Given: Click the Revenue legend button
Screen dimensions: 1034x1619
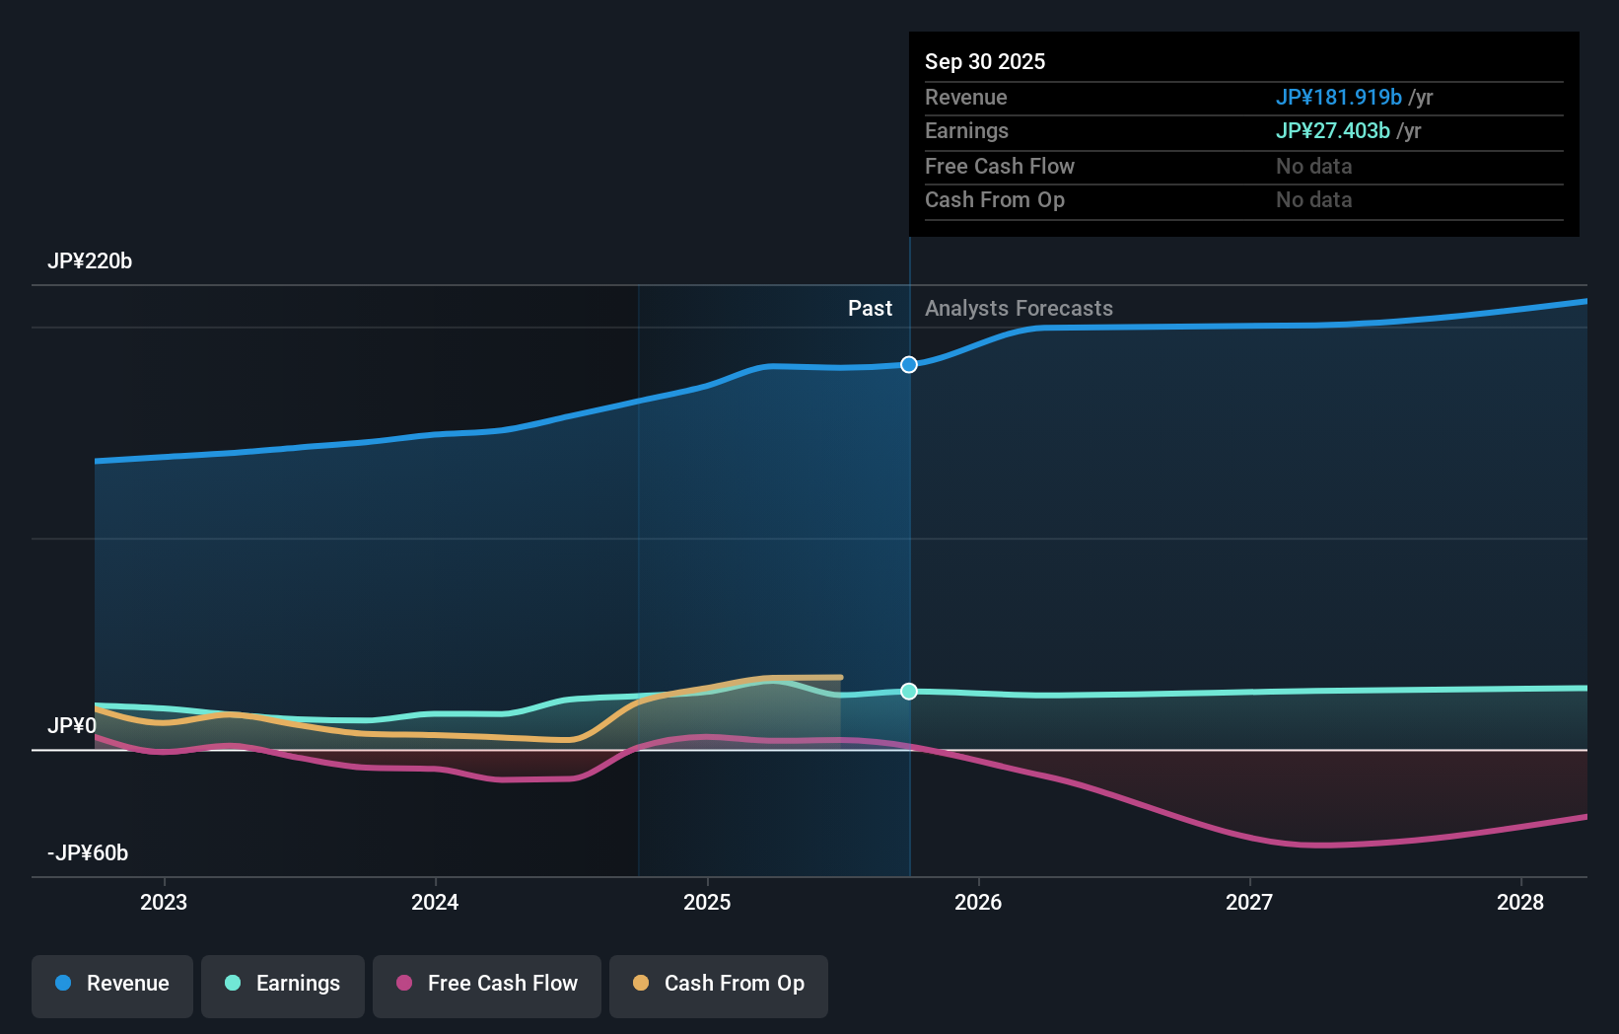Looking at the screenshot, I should [112, 984].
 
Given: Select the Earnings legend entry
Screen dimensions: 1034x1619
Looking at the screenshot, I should [283, 984].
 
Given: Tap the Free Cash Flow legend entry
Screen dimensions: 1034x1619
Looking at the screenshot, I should [487, 984].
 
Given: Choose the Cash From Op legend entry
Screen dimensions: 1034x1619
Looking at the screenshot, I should [719, 984].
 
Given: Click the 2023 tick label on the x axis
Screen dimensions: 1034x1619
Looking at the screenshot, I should [164, 902].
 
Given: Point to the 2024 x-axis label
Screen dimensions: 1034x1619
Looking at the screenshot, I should [435, 902].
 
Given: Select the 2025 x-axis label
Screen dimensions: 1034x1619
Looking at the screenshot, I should [707, 902].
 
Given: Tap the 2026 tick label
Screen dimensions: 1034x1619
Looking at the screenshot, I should [978, 902].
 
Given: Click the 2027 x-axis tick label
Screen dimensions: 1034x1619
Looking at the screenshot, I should [1249, 902].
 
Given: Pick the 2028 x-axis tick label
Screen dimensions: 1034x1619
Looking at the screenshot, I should [1520, 902].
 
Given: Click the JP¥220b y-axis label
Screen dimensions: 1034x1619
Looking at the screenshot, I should [90, 261].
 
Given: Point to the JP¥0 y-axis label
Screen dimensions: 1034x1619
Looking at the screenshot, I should [72, 726].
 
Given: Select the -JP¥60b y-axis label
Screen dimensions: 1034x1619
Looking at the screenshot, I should [88, 853].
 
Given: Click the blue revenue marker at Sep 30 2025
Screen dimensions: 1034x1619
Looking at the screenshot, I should [909, 365].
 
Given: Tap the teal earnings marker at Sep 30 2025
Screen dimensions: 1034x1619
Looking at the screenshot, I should [909, 692].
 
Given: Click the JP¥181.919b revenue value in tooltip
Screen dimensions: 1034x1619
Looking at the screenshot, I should [1338, 98].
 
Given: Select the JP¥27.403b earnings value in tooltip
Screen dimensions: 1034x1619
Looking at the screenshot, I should [1332, 131].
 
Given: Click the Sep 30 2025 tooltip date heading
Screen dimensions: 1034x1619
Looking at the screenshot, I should [985, 62].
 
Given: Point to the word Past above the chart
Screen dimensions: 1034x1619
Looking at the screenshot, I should [870, 309].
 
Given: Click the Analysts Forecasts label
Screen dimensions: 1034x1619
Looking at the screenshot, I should [1019, 309].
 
